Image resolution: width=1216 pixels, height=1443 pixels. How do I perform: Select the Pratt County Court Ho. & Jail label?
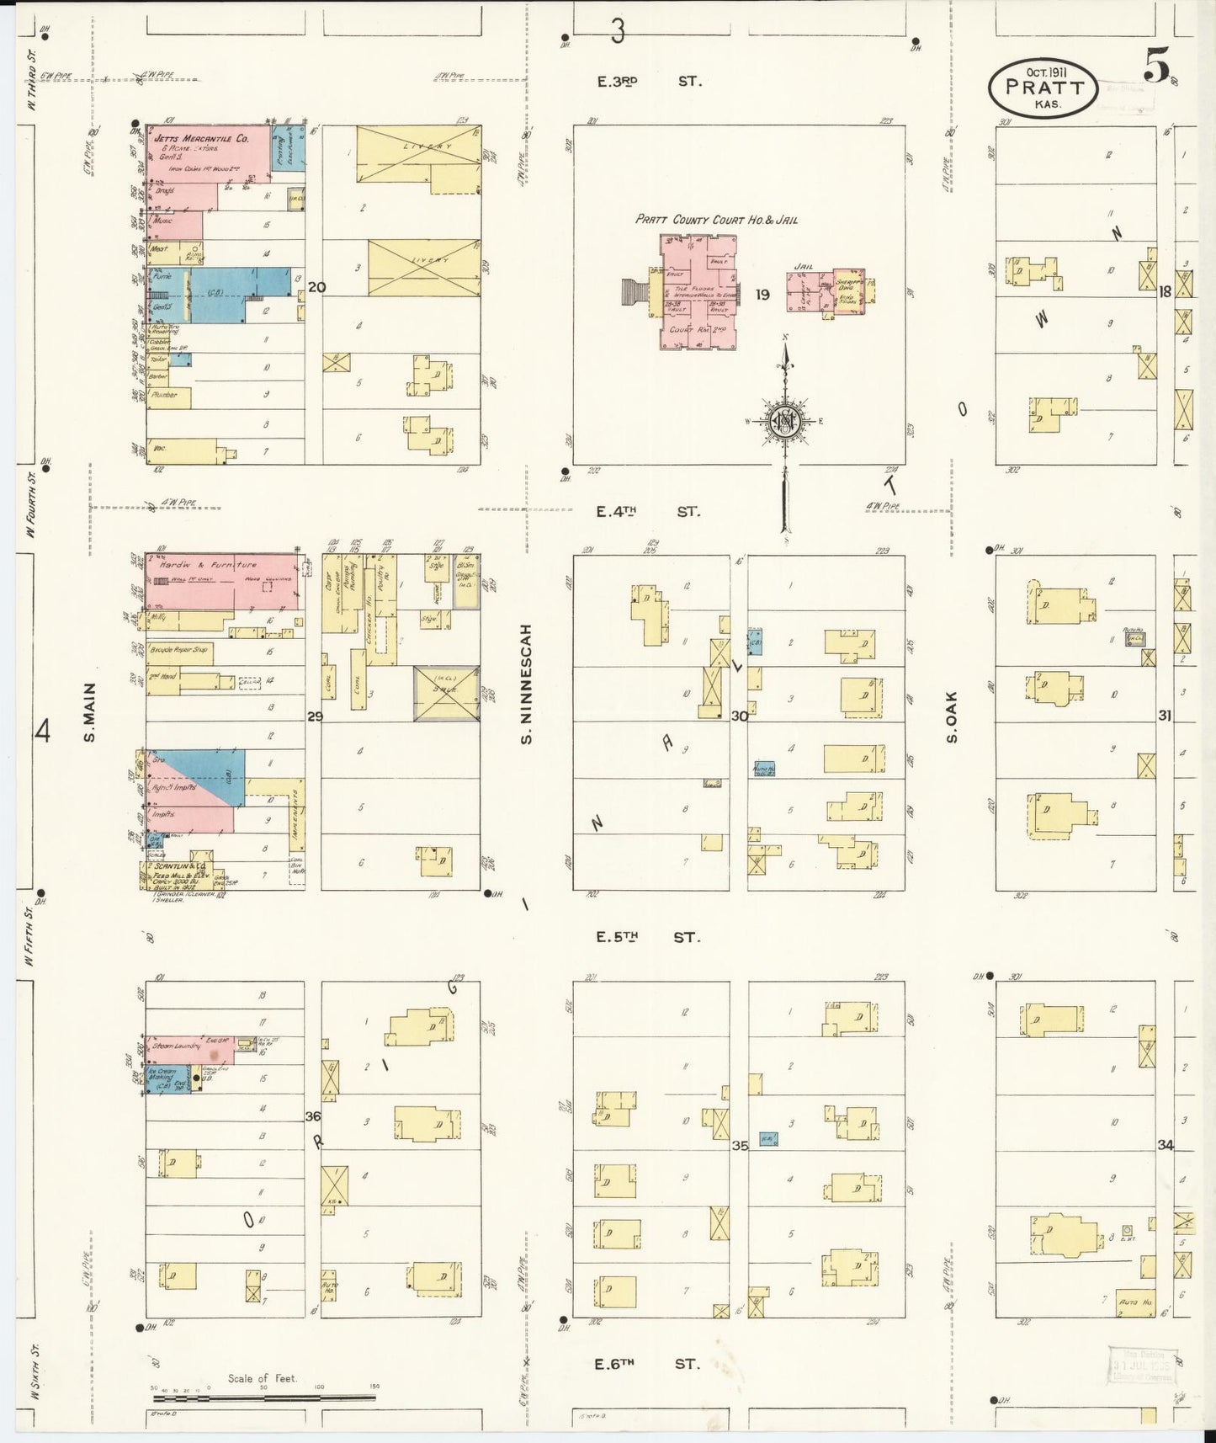click(716, 220)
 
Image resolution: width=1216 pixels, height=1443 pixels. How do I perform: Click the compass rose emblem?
click(784, 422)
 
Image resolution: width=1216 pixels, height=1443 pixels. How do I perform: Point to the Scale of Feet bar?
click(264, 1397)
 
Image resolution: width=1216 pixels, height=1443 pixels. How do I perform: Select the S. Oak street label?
click(952, 717)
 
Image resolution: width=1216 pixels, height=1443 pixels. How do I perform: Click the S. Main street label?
click(89, 712)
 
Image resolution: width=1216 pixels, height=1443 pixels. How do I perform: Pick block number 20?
click(316, 287)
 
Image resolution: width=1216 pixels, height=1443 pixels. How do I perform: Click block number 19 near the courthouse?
click(762, 294)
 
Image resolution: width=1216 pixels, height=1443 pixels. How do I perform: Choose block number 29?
click(315, 716)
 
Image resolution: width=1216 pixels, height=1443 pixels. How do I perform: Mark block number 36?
click(313, 1116)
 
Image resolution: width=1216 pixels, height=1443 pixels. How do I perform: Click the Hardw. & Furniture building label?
click(203, 565)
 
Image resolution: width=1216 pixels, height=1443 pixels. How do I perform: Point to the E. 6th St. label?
click(646, 1364)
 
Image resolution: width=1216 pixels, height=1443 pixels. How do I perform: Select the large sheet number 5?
click(1157, 65)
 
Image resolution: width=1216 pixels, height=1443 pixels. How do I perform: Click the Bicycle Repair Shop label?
click(180, 651)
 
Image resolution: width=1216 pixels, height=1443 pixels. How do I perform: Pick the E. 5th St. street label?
click(646, 937)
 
